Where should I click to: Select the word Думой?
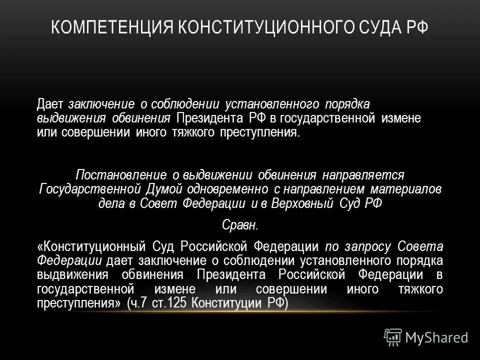click(165, 189)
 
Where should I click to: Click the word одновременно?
click(228, 189)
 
